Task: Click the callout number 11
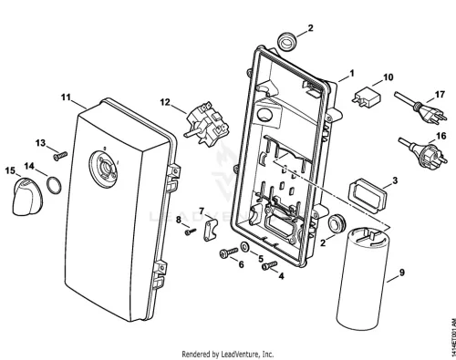coord(66,98)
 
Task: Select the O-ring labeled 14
coord(54,186)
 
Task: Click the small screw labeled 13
coord(60,156)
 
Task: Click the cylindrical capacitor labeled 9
coord(362,276)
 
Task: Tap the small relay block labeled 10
coord(367,97)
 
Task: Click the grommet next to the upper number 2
coord(285,42)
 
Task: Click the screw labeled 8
coord(191,231)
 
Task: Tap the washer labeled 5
coord(244,247)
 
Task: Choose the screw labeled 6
coord(228,252)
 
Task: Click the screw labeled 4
coord(269,265)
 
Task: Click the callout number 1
coord(352,73)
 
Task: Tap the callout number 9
coord(402,273)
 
